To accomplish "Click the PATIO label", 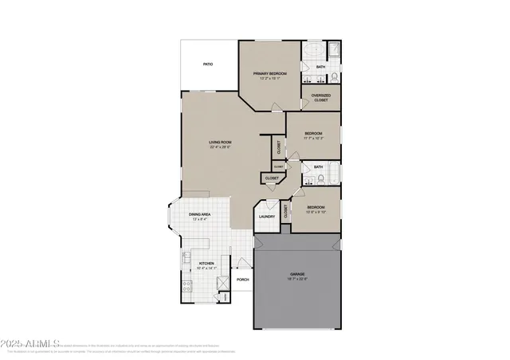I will coord(208,64).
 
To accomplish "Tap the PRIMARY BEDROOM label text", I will coord(270,74).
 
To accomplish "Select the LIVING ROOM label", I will coord(220,143).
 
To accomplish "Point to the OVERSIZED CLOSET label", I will coord(320,99).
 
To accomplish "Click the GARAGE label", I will coord(296,274).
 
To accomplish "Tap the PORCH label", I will coord(243,280).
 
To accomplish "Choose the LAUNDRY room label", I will coord(267,216).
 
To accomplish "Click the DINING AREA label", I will coord(199,214).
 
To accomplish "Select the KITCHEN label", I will coord(206,264).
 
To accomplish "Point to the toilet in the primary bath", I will coord(335,77).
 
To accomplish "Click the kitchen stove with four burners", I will coord(185,286).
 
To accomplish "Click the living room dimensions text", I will coord(220,147).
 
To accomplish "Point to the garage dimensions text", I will coord(296,279).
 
